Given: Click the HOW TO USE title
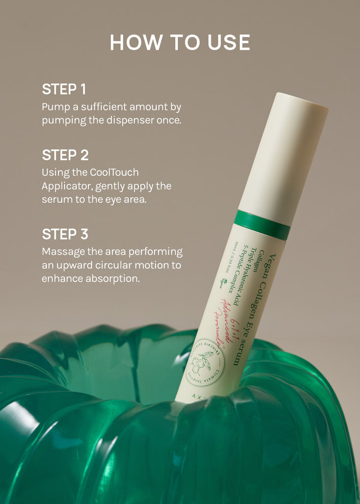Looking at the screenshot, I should (x=180, y=42).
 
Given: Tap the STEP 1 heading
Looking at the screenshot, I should (x=64, y=89).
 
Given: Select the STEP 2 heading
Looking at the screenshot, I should (x=65, y=155).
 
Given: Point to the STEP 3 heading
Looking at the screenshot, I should (x=65, y=234).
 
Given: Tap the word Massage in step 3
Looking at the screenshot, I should (x=63, y=252).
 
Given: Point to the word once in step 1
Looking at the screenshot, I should (x=169, y=120).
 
